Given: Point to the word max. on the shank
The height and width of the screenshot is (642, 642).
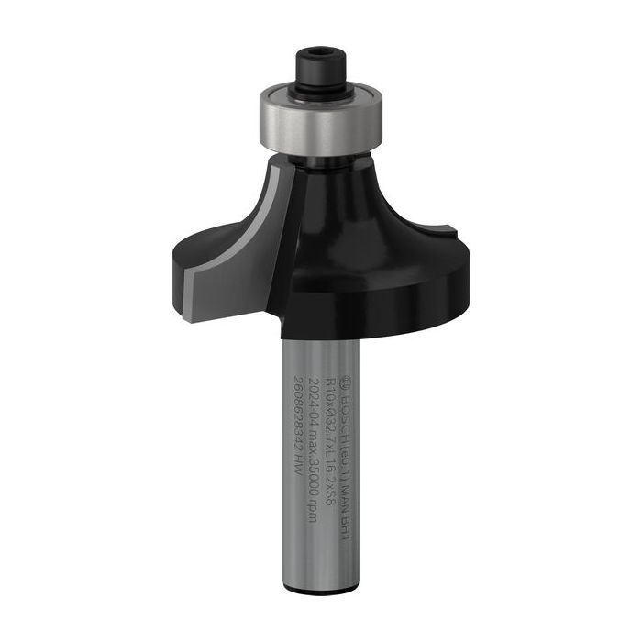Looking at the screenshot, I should point(314,423).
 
